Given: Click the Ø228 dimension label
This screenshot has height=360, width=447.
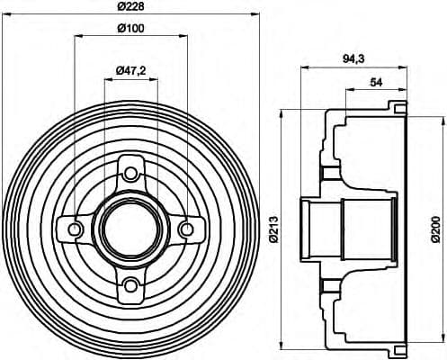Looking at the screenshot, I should click(131, 8).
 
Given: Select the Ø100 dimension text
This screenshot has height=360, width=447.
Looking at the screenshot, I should click(131, 28).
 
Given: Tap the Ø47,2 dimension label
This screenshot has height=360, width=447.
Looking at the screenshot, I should click(132, 70).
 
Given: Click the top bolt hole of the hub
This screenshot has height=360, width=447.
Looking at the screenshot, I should click(131, 173).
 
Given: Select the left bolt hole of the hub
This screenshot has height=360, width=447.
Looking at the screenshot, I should click(76, 229).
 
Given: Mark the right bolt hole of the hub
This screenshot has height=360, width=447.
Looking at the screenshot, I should click(187, 229).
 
